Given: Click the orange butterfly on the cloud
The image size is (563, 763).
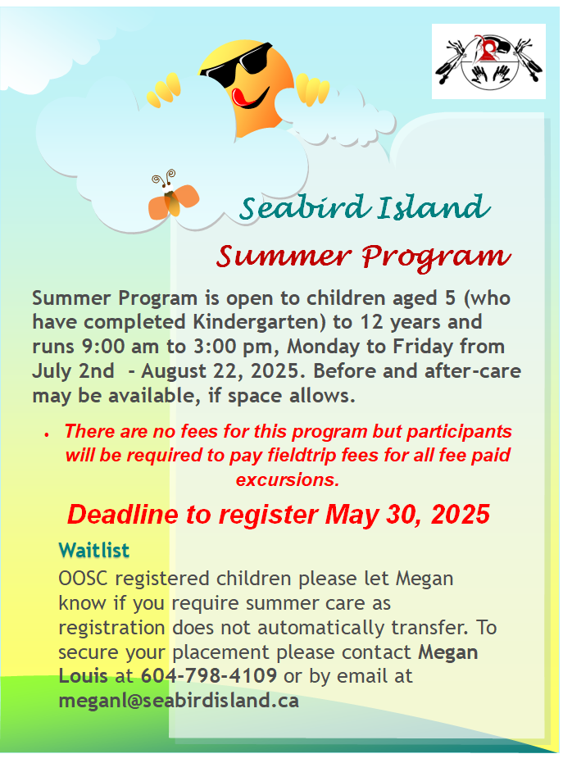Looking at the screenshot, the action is (173, 196).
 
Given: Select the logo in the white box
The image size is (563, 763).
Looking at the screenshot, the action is (488, 61).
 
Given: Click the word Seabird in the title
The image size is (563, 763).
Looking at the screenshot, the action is (302, 207).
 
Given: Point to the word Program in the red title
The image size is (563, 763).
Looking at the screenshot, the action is (436, 257).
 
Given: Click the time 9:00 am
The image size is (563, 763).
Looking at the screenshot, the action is (120, 347).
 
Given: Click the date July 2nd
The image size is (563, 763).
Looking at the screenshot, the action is (73, 371).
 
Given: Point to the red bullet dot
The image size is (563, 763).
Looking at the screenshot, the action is (47, 434).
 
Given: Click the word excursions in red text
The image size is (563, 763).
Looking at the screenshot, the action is (288, 479).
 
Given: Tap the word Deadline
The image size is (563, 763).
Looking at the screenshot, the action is (123, 515).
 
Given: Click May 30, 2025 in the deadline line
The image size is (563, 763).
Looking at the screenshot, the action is (408, 515).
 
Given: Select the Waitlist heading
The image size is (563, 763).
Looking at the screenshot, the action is (94, 551).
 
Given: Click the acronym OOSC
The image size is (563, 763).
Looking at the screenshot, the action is (84, 579).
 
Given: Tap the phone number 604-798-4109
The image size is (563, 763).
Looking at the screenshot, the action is (209, 675).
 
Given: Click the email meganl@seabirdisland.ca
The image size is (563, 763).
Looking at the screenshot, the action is (179, 701).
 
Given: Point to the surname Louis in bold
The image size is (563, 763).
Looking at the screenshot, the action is (83, 675).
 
